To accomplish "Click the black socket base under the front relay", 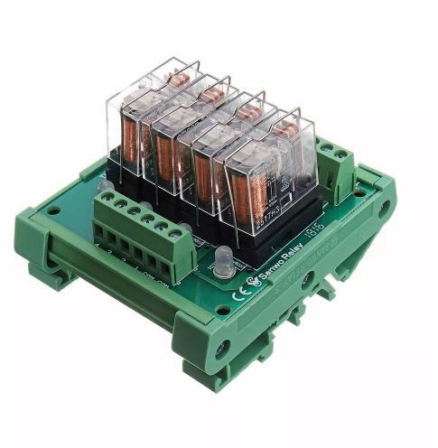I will point(271,237).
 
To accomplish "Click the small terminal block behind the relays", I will point(336,163).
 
